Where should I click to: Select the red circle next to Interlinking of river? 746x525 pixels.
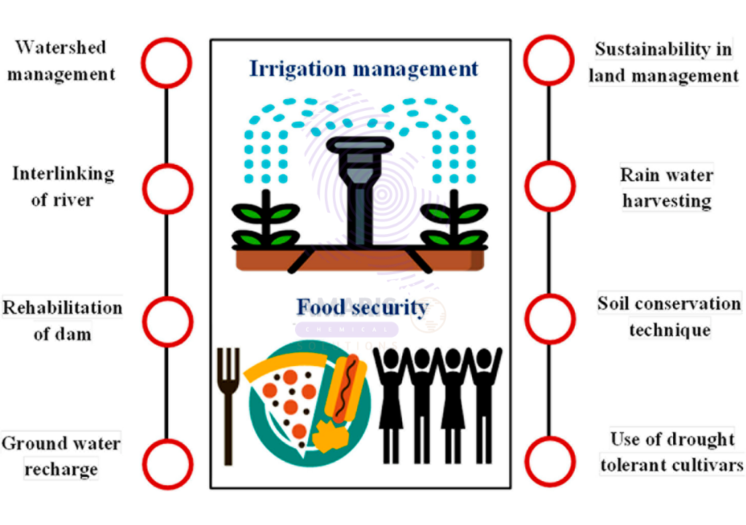pyautogui.click(x=144, y=189)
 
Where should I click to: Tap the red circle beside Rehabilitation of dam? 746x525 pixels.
pyautogui.click(x=144, y=321)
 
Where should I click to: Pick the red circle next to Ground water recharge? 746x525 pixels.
pyautogui.click(x=144, y=464)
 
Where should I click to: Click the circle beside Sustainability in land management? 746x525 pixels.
pyautogui.click(x=526, y=60)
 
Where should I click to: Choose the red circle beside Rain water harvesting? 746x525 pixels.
pyautogui.click(x=527, y=186)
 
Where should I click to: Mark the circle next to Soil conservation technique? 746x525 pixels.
pyautogui.click(x=527, y=319)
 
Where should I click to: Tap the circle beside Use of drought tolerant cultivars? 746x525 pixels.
pyautogui.click(x=527, y=461)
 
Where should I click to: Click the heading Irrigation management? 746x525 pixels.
pyautogui.click(x=364, y=69)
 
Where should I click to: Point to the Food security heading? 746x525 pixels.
pyautogui.click(x=363, y=307)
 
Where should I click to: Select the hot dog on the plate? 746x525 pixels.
pyautogui.click(x=346, y=389)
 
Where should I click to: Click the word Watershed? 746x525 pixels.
pyautogui.click(x=60, y=47)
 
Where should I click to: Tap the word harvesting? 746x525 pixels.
pyautogui.click(x=667, y=201)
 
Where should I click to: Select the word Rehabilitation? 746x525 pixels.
pyautogui.click(x=63, y=308)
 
